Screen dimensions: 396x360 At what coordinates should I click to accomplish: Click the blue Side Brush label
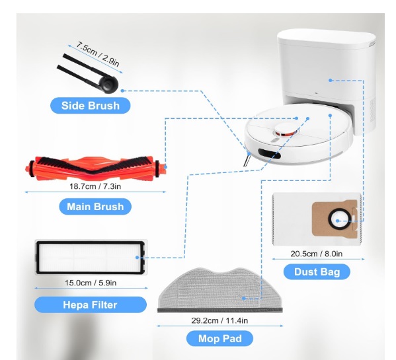pos(91,106)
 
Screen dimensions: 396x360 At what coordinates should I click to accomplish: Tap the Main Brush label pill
pos(95,207)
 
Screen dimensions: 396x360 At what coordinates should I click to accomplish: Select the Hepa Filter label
pos(91,305)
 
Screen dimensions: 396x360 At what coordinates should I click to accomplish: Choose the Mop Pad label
pos(219,338)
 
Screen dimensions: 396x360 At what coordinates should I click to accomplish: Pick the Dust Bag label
pos(317,271)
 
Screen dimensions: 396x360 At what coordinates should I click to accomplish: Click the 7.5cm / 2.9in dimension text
pos(98,54)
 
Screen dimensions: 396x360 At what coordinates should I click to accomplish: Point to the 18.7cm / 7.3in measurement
pos(95,186)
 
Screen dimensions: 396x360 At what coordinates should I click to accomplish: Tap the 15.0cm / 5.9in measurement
pos(91,283)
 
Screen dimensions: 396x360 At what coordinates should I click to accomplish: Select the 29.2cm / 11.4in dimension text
pos(219,320)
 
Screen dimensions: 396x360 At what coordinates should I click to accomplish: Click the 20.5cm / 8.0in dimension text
pos(317,254)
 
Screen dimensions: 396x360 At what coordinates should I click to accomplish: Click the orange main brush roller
pos(96,168)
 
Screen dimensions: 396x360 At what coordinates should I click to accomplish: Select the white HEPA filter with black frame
pos(91,257)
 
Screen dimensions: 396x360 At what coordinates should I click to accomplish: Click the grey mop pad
pos(220,290)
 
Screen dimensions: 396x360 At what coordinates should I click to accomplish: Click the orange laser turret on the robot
pos(286,129)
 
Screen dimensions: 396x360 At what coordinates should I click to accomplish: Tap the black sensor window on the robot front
pos(269,153)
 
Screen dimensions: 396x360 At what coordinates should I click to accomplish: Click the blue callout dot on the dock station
pos(331,80)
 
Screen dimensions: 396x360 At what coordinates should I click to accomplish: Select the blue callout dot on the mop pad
pos(243,299)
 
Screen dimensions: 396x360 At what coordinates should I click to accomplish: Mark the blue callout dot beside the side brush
pos(122,90)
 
